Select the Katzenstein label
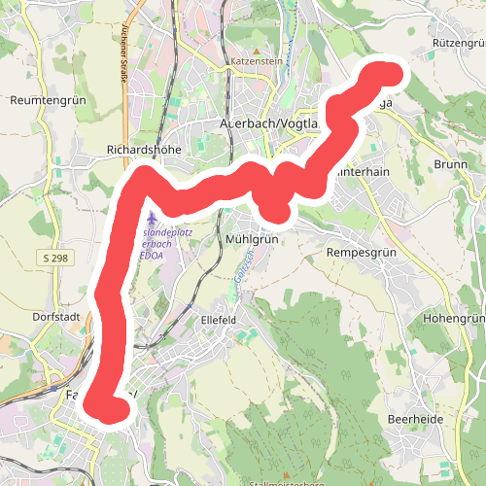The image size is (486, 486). coord(256,61)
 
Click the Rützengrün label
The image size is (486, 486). coord(459,44)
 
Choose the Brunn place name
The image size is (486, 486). coord(451,164)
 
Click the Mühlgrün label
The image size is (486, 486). coord(252,238)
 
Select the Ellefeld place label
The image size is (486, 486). coord(219,319)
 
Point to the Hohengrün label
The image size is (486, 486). coord(455,320)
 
